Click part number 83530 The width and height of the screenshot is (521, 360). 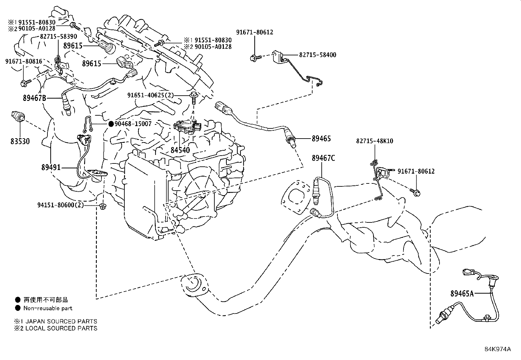tap(19, 141)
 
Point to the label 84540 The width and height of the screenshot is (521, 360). tap(180, 150)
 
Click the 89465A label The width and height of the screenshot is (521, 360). tap(462, 294)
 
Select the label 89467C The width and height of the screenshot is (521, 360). tap(323, 158)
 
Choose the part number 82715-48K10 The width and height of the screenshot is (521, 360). tap(375, 141)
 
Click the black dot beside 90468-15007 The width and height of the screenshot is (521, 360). tap(111, 124)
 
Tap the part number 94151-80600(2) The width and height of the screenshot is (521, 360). tap(60, 205)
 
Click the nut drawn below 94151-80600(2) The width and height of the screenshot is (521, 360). tap(102, 207)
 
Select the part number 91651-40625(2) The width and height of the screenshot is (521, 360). tap(151, 95)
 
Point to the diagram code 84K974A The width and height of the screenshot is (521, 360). tap(497, 349)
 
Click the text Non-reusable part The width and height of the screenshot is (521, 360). tap(48, 308)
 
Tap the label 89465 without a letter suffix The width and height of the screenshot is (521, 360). tap(321, 139)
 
